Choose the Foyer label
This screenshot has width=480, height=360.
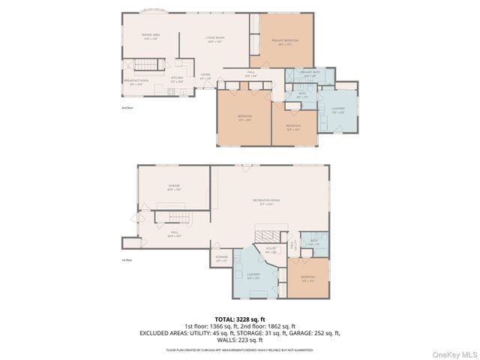[205, 76]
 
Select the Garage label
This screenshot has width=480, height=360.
[173, 187]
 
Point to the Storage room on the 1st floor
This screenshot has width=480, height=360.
[221, 259]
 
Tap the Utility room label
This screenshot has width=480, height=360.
[271, 250]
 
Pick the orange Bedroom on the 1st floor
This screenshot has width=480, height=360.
[308, 278]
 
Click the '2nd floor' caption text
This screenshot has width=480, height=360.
[127, 108]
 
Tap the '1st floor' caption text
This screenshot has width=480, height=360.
[127, 260]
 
